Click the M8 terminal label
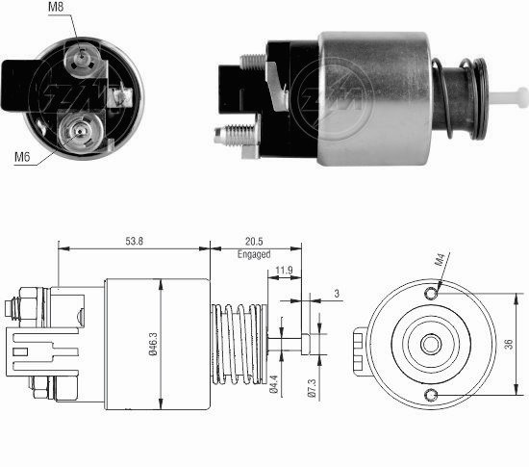pos(56,7)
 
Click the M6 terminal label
pos(22,157)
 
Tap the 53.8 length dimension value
pos(135,241)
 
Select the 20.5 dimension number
pos(254,241)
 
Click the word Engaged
pos(254,254)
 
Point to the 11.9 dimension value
pos(284,271)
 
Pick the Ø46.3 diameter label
pos(153,344)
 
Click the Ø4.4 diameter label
pos(273,384)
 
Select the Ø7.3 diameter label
pos(312,388)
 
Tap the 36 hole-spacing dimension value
pos(509,344)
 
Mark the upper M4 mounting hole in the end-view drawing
pos(431,294)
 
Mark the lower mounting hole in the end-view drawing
pos(431,395)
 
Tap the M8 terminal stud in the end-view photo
pos(82,57)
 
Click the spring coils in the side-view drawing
pos(238,344)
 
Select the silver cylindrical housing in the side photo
pos(374,98)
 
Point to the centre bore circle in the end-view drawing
pos(431,345)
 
